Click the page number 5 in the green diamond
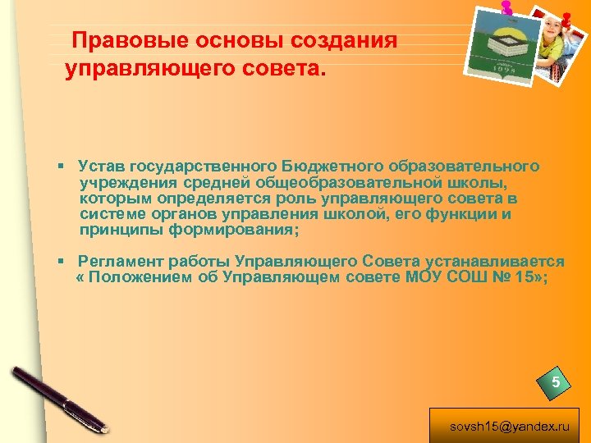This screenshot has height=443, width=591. pos(556,382)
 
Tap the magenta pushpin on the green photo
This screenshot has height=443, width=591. pos(506,8)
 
